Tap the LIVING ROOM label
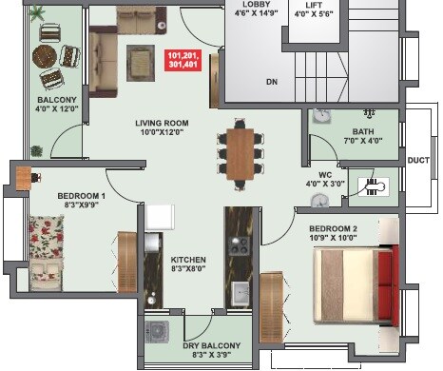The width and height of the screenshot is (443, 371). (x=161, y=123)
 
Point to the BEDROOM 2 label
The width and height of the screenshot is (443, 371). (x=333, y=228)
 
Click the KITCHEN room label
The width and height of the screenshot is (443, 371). (x=188, y=260)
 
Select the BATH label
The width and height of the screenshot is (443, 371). (x=362, y=131)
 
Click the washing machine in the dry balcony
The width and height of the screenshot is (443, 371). (x=157, y=333)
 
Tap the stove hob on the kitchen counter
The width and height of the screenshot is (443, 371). (x=237, y=244)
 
